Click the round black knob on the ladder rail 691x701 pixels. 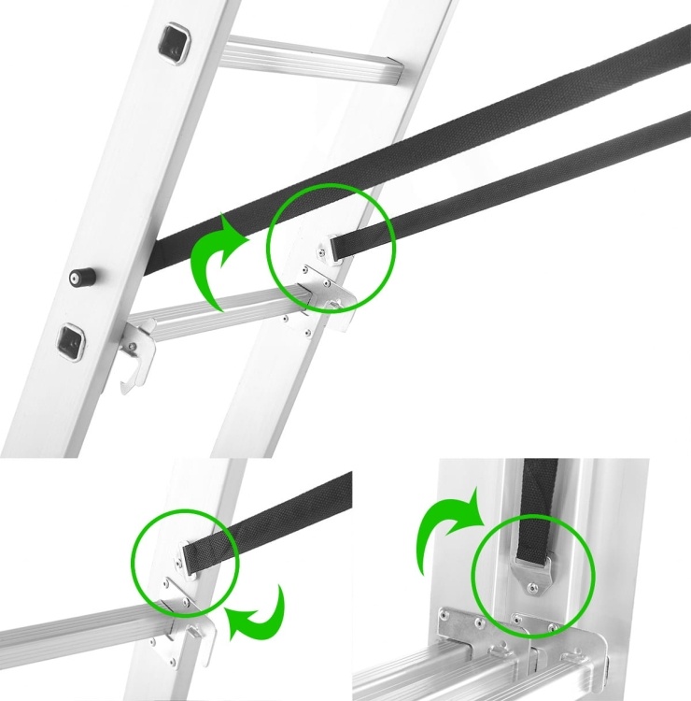(x=78, y=278)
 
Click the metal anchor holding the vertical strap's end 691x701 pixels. (x=532, y=571)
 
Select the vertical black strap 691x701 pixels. (x=539, y=505)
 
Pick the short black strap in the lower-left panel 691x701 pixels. (x=271, y=519)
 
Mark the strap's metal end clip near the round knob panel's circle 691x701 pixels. (x=331, y=249)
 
